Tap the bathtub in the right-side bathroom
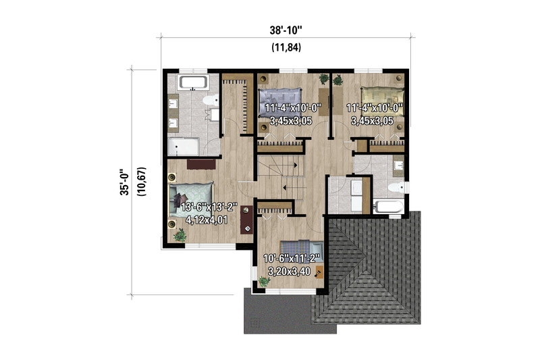(x=389, y=206)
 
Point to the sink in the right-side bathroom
(x=398, y=165)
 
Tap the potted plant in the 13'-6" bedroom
(x=180, y=235)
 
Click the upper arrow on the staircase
(x=288, y=163)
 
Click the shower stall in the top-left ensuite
(x=182, y=147)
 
